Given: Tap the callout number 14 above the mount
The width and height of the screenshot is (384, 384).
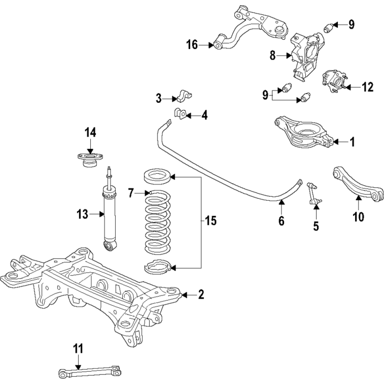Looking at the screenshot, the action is [x=90, y=132].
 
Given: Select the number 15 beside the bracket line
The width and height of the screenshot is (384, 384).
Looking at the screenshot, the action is [x=211, y=221].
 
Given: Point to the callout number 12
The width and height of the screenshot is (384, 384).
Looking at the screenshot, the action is [x=367, y=87].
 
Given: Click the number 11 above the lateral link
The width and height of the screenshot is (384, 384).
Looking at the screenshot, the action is [x=78, y=348].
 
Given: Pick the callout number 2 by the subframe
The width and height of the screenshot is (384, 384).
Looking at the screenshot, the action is [x=201, y=295].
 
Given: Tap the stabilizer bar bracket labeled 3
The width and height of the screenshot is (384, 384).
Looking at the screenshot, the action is [x=184, y=96].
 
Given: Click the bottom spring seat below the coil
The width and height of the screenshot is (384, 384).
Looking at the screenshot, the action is [x=157, y=267].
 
